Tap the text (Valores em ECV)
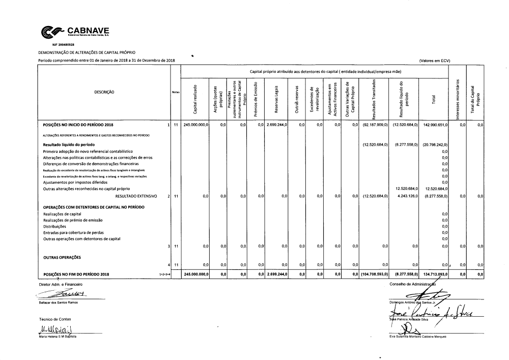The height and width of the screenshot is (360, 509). click(435, 61)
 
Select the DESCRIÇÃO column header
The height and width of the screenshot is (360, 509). click(104, 92)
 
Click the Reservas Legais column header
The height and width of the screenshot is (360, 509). click(276, 100)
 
